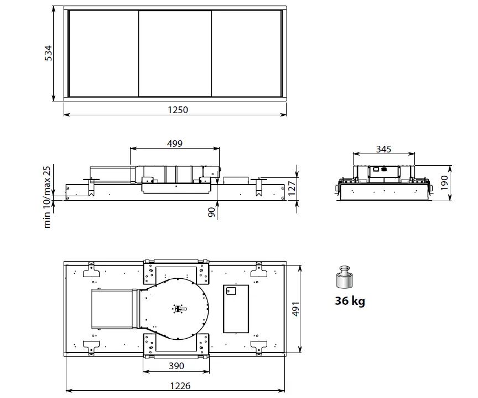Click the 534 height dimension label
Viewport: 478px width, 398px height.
point(49,53)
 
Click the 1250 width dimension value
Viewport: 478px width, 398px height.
point(178,110)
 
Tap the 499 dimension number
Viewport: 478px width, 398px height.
point(175,144)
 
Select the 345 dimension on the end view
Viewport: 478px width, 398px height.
point(383,149)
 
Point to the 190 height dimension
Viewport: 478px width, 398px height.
point(444,183)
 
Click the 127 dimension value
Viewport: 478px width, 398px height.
point(292,188)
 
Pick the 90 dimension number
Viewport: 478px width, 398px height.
point(211,212)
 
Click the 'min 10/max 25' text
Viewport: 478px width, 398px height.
point(46,197)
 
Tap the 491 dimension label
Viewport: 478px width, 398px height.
point(295,309)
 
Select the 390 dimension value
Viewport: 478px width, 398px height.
point(176,366)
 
